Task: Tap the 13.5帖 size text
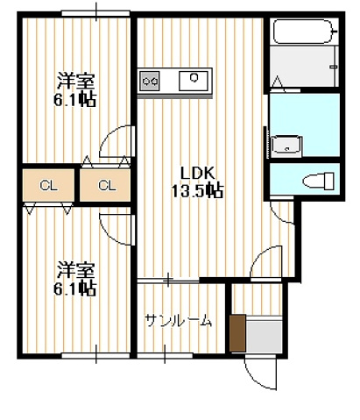pyautogui.click(x=198, y=189)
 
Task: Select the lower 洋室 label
pyautogui.click(x=75, y=269)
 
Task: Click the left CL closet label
pyautogui.click(x=49, y=185)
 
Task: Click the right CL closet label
pyautogui.click(x=107, y=185)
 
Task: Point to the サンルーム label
pyautogui.click(x=178, y=321)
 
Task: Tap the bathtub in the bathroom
pyautogui.click(x=302, y=34)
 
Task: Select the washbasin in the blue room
pyautogui.click(x=287, y=145)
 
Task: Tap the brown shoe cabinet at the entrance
pyautogui.click(x=236, y=332)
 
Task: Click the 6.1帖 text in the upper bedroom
pyautogui.click(x=75, y=100)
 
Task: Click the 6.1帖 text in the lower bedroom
pyautogui.click(x=75, y=288)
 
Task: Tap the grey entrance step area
pyautogui.click(x=263, y=335)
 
